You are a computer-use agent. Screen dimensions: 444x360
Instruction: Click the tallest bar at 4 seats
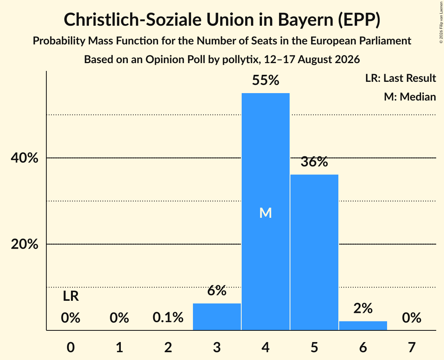click(265, 212)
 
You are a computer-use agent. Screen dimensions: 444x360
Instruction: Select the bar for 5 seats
click(314, 252)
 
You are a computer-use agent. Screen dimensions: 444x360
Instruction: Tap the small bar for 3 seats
click(217, 317)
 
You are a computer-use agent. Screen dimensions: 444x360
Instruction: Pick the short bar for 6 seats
click(363, 325)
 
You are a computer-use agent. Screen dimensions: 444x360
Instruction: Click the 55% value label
click(265, 80)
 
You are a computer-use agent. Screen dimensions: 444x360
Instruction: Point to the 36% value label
click(314, 162)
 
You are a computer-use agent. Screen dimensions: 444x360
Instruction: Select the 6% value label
click(217, 291)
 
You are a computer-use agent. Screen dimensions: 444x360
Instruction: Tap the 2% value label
click(363, 308)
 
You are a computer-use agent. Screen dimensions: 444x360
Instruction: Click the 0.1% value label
click(168, 318)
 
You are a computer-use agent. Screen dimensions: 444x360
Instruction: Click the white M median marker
click(265, 213)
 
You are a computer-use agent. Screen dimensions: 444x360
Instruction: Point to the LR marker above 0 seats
click(71, 296)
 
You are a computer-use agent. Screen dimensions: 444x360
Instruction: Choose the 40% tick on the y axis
click(25, 158)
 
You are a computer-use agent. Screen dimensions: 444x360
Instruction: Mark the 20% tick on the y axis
click(25, 244)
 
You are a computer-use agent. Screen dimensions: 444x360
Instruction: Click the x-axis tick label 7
click(412, 348)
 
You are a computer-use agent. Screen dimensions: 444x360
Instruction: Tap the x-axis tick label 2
click(168, 348)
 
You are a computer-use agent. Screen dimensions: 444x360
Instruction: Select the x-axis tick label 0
click(71, 348)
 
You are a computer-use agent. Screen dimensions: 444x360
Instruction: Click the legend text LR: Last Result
click(400, 78)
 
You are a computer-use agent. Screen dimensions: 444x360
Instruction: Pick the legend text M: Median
click(410, 97)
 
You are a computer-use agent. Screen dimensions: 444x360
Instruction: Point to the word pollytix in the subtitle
click(240, 60)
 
